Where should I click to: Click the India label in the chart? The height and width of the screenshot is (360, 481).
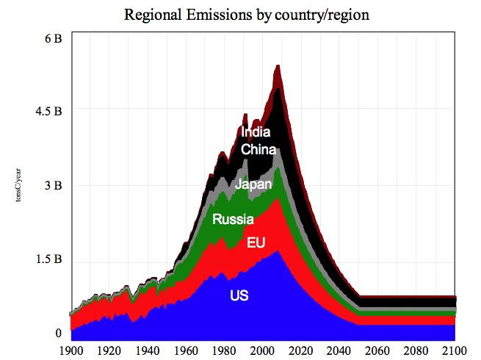(256, 133)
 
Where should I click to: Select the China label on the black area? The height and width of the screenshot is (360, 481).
(258, 150)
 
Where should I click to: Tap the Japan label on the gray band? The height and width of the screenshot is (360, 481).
(253, 184)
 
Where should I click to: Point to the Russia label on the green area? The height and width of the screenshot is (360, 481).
(233, 219)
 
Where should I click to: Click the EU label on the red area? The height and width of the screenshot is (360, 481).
(256, 242)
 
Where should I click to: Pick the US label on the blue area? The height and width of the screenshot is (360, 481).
(239, 296)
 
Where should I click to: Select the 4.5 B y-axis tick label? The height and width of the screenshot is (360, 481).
(47, 111)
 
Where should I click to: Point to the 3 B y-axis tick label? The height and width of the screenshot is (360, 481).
(52, 185)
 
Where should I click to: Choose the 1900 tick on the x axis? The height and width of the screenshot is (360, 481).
(72, 350)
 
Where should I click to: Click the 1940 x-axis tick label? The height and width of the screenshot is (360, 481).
(148, 350)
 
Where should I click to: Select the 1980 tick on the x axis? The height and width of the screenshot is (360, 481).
(225, 350)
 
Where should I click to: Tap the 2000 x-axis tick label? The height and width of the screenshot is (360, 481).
(264, 350)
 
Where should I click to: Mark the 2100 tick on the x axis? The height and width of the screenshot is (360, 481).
(455, 350)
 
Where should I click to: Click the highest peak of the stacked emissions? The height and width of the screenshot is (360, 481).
(278, 66)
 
